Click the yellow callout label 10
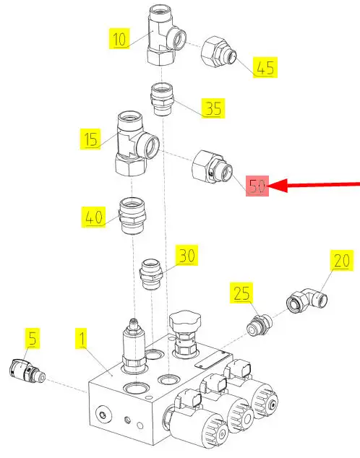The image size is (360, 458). click(119, 38)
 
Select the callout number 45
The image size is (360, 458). click(265, 67)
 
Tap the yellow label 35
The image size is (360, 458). click(213, 108)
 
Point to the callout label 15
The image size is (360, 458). click(90, 139)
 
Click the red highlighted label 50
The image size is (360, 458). click(257, 186)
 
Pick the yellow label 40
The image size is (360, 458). click(93, 217)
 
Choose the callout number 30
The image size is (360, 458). click(187, 255)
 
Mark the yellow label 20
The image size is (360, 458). click(341, 260)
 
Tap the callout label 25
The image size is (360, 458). click(241, 293)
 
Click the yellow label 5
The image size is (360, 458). click(33, 338)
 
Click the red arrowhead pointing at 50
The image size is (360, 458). click(278, 186)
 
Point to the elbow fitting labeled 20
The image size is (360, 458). click(307, 301)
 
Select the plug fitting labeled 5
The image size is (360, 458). click(27, 371)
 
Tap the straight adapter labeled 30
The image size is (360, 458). click(151, 274)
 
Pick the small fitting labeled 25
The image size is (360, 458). click(260, 324)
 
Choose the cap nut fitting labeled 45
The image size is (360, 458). click(219, 52)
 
